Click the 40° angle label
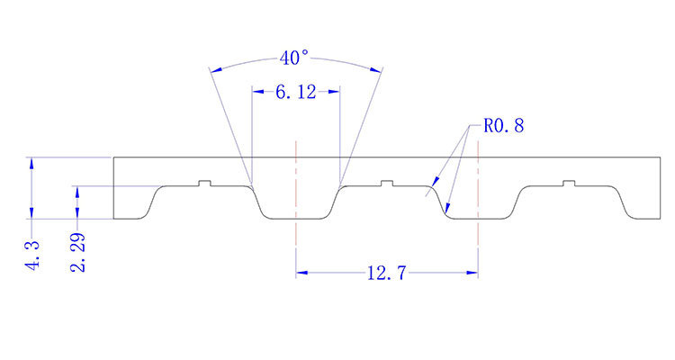coord(294,58)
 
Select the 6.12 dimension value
coord(294,92)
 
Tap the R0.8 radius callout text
coord(503,126)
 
